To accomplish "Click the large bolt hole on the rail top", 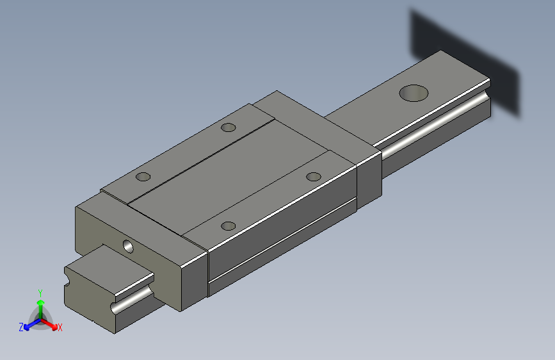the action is coord(414,93).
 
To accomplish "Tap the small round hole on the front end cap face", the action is coord(128,247).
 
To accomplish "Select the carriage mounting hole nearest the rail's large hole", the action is coord(313,176).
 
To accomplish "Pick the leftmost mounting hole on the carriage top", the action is coord(143,176).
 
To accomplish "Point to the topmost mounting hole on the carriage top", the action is coord(229,127).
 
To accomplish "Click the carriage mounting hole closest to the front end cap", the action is coord(229,225).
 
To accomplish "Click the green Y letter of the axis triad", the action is coord(40,293).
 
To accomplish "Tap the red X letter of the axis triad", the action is coord(60,328).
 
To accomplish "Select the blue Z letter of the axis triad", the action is coord(21,327).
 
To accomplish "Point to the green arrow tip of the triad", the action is coord(41,302).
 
